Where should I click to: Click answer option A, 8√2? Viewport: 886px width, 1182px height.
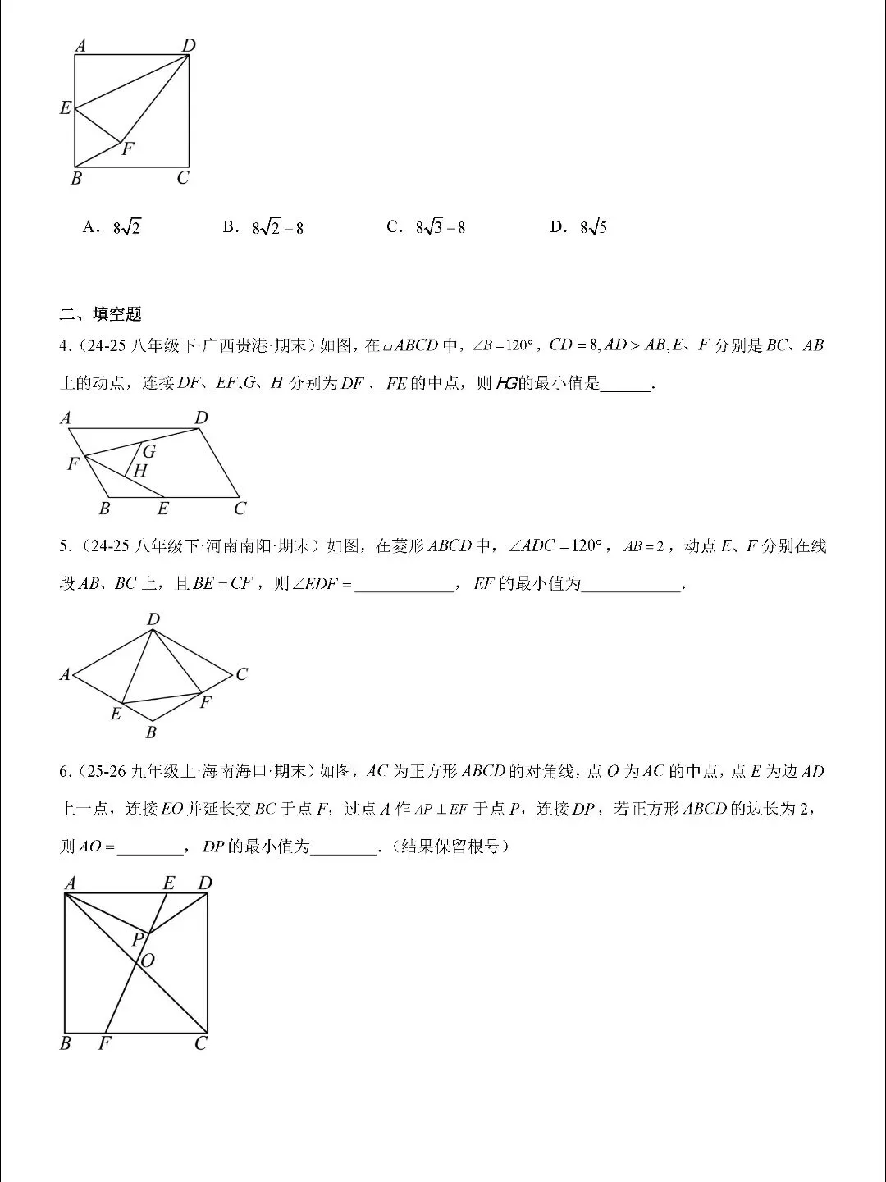(112, 227)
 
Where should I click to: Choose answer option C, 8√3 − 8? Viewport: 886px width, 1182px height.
(427, 227)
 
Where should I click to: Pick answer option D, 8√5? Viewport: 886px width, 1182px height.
(579, 227)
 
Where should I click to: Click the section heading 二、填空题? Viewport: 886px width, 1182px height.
(101, 313)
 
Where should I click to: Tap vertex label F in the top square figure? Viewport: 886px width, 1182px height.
(127, 149)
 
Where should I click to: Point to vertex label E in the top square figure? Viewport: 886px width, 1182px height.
(66, 107)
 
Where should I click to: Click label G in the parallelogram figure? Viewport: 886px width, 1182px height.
(148, 451)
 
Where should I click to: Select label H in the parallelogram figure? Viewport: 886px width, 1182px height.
(140, 471)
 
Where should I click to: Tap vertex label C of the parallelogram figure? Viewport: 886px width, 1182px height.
(240, 509)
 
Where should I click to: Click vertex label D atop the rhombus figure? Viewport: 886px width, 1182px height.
(153, 619)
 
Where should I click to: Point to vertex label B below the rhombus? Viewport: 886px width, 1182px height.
(151, 732)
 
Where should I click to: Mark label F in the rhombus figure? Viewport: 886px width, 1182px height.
(206, 702)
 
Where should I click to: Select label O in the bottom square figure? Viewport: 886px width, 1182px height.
(148, 961)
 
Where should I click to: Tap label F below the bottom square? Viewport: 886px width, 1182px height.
(104, 1043)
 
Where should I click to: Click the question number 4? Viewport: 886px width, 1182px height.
(65, 346)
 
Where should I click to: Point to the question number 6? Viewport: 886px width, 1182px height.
(65, 771)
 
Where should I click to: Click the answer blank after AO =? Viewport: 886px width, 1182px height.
(150, 847)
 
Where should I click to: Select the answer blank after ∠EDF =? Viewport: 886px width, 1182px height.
(404, 585)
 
